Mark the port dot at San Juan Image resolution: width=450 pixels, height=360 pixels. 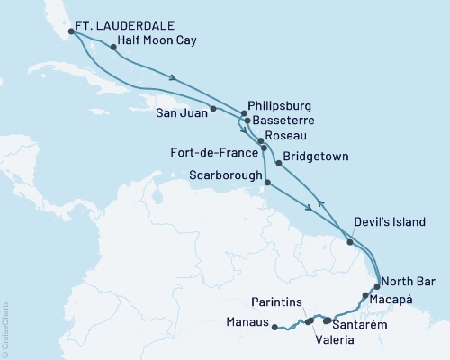point(213,110)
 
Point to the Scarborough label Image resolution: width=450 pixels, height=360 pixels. point(224,174)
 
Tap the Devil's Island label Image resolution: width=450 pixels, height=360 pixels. point(388,220)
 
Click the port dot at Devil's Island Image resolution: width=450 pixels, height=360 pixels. point(350,240)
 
